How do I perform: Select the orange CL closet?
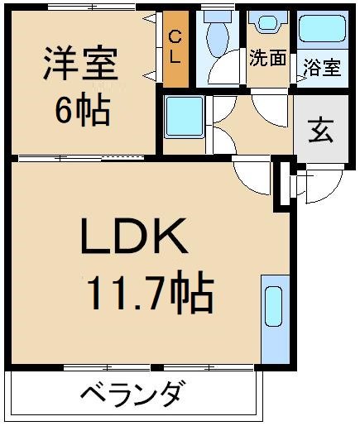tap(175, 49)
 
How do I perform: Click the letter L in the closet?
tap(175, 59)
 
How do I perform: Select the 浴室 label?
tap(321, 67)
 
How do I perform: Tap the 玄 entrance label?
tap(320, 132)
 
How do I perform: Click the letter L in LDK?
tap(95, 241)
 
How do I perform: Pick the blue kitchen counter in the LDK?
tap(271, 319)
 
